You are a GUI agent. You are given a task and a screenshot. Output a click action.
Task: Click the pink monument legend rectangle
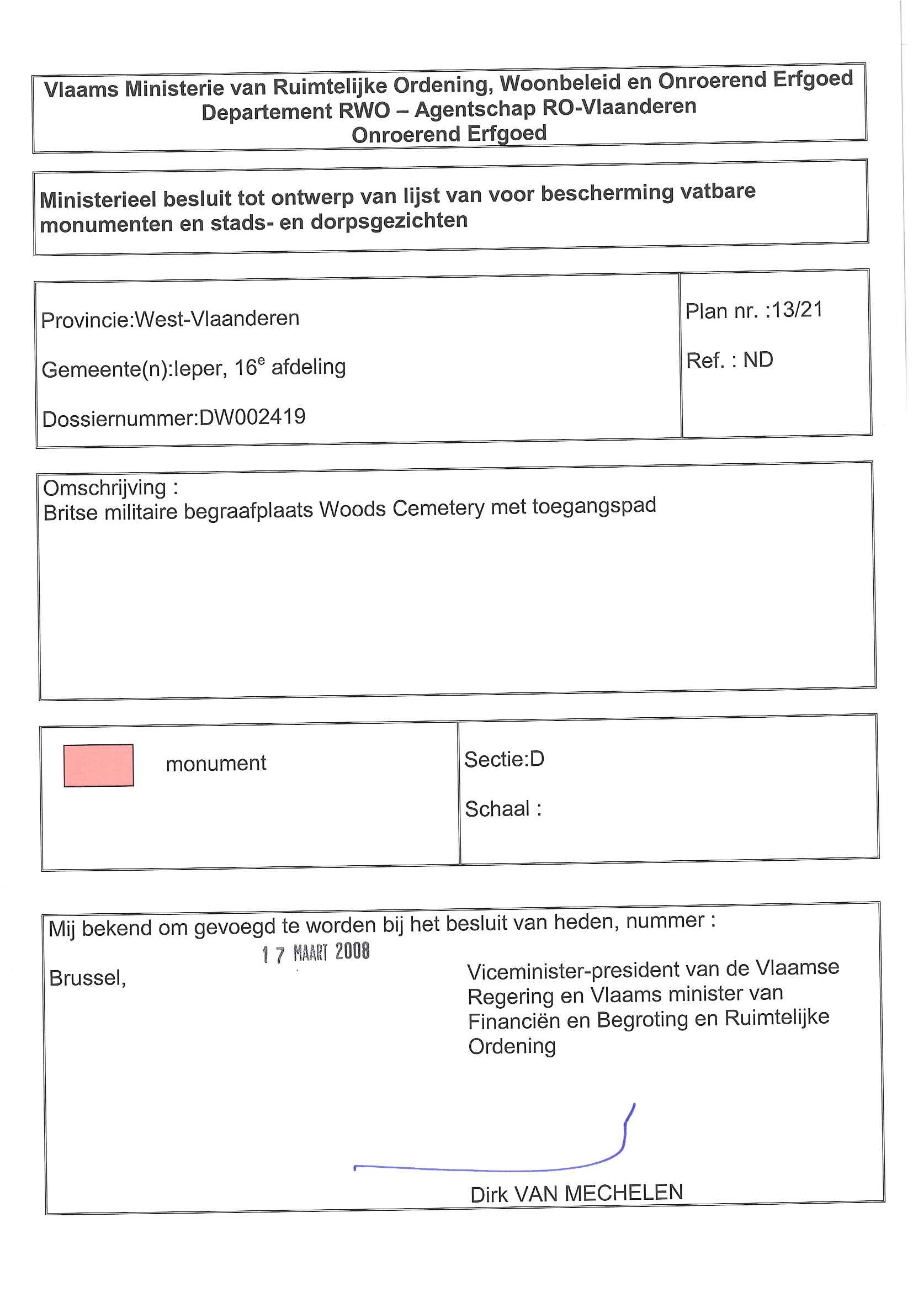tap(98, 765)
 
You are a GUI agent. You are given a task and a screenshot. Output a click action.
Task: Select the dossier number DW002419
tap(252, 417)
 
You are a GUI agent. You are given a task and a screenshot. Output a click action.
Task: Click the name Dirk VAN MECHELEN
tap(576, 1193)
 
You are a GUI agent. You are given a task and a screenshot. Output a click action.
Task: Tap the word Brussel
tap(87, 978)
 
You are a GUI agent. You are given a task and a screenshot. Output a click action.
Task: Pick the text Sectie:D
tap(504, 759)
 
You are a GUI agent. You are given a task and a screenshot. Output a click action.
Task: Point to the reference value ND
tap(758, 359)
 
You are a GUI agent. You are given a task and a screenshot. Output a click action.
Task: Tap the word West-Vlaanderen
tap(217, 319)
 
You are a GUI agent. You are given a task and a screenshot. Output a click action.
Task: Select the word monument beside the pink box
tap(215, 764)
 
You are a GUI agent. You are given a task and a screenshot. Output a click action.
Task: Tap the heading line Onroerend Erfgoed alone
tap(449, 134)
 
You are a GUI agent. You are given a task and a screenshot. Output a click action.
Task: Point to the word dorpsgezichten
tap(389, 221)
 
